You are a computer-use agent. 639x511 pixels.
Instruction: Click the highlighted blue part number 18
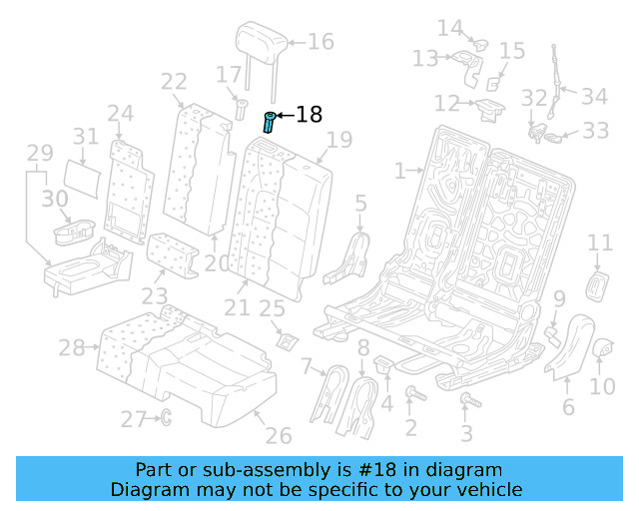point(269,123)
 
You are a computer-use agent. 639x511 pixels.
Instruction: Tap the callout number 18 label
point(310,115)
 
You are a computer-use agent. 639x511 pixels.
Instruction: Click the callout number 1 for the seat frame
point(399,172)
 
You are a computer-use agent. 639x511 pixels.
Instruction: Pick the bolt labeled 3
point(466,401)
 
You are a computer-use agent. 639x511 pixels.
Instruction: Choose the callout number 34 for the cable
point(594,97)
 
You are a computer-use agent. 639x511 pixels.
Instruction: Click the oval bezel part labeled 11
point(600,284)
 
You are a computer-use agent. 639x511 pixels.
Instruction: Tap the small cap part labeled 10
point(602,348)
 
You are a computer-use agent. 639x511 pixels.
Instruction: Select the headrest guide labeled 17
point(240,107)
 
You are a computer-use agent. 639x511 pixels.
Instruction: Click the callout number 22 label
point(174,82)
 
